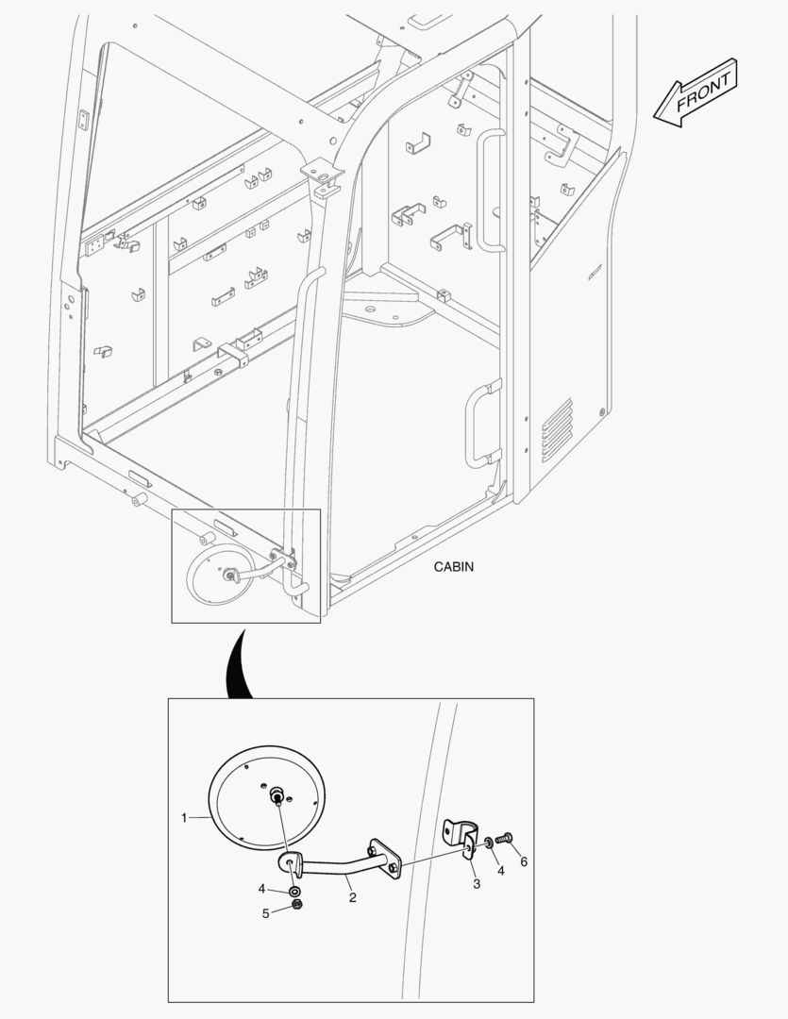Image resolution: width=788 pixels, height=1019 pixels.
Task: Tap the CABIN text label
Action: [x=453, y=567]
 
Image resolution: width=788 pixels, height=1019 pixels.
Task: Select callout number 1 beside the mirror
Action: [x=184, y=818]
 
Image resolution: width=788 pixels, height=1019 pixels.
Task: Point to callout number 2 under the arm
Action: [x=352, y=897]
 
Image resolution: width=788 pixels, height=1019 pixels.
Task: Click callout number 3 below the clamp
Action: [x=477, y=884]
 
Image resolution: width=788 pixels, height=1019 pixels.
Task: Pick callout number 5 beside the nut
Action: [x=265, y=912]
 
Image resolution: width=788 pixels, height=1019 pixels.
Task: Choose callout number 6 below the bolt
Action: [x=524, y=861]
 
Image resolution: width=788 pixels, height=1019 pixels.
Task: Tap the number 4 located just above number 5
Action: [x=262, y=889]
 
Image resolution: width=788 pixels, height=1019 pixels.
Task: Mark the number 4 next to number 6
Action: [x=500, y=871]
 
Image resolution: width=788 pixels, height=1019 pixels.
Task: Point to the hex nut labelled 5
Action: [x=296, y=905]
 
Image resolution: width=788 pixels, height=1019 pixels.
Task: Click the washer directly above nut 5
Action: [x=295, y=890]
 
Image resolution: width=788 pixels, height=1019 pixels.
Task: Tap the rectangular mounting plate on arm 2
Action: [x=386, y=860]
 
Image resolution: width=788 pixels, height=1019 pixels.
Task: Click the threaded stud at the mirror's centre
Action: [x=278, y=795]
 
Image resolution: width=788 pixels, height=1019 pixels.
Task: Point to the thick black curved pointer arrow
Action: [x=237, y=665]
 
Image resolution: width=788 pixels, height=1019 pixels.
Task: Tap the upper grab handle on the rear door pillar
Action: [x=491, y=192]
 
